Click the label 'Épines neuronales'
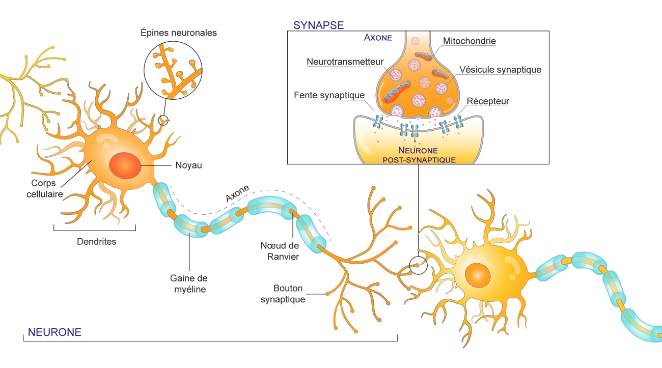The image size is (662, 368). (179, 33)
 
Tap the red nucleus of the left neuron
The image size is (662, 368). (125, 165)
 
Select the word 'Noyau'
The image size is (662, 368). (188, 165)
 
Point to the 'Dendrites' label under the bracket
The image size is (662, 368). (96, 242)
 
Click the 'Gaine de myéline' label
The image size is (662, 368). (189, 284)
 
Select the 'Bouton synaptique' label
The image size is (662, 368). (283, 294)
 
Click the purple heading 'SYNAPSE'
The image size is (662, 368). (318, 25)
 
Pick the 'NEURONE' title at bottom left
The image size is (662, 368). (54, 332)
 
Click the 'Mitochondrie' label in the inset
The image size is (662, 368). (469, 41)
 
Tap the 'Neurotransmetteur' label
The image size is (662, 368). (345, 62)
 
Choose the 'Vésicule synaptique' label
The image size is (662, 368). (500, 69)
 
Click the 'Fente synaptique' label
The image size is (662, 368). (329, 95)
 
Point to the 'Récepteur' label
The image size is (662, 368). (488, 101)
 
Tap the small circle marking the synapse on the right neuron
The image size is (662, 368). (419, 265)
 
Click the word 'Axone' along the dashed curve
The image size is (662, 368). (237, 194)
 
